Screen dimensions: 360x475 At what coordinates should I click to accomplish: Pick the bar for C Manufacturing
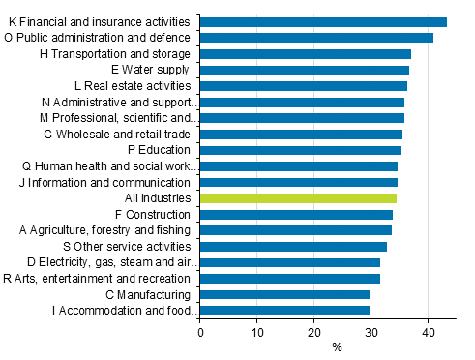coord(284,294)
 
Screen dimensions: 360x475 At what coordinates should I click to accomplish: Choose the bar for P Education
coord(301,150)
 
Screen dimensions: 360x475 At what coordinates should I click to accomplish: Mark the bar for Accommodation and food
coord(284,310)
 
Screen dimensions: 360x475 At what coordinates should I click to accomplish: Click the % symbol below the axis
coord(338,346)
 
